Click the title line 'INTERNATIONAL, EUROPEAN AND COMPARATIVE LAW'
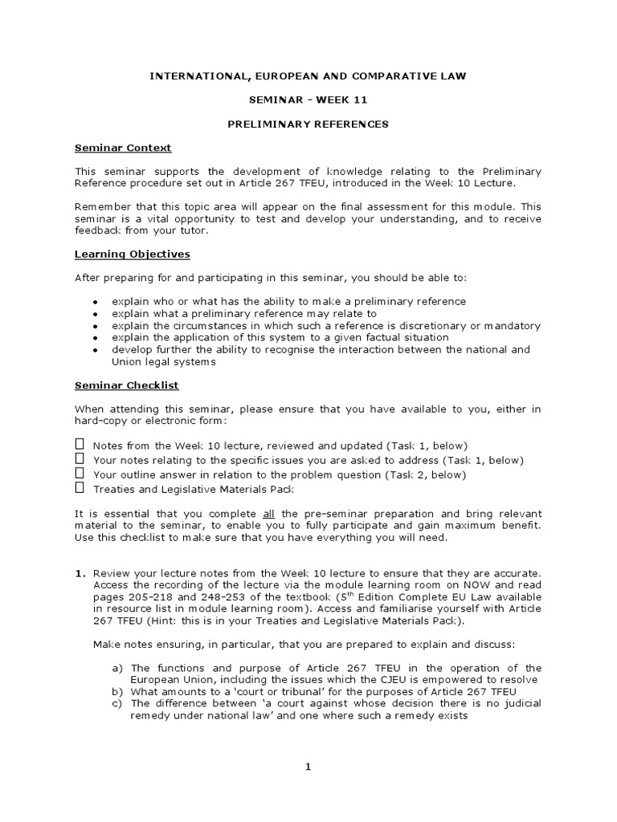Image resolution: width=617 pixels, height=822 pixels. click(309, 75)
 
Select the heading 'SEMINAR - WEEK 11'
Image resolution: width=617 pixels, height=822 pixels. click(309, 100)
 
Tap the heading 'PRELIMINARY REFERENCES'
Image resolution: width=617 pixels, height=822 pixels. click(309, 124)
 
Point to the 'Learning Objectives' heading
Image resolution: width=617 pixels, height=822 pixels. click(133, 254)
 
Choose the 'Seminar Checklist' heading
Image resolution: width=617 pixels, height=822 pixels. click(127, 385)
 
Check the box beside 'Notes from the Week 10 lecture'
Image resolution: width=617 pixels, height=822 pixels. click(80, 444)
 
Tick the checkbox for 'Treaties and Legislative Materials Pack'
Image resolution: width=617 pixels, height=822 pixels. click(80, 487)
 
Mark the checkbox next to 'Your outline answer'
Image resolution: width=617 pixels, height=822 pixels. click(80, 473)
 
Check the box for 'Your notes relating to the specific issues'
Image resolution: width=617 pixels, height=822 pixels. click(80, 458)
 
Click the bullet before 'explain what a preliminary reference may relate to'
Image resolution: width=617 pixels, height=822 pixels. click(95, 314)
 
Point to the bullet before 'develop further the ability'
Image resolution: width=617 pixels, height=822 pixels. click(95, 351)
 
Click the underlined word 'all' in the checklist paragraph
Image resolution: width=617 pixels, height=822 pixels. click(270, 514)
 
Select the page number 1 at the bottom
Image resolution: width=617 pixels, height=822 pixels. click(307, 767)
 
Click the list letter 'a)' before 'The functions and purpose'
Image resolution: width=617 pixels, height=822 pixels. click(117, 668)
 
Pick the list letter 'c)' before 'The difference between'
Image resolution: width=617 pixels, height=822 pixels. click(117, 704)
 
